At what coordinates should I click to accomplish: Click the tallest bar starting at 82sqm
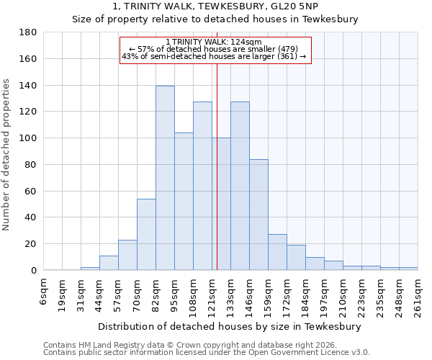[165, 178]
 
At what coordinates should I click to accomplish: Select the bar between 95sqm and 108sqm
[184, 202]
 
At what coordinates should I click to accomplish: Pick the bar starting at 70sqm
[146, 234]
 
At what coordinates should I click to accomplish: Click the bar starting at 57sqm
[127, 255]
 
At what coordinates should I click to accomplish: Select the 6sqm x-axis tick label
[44, 291]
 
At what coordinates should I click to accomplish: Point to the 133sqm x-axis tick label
[231, 294]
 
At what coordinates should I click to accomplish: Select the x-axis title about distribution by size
[230, 326]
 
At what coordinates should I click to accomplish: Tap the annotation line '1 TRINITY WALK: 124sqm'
[214, 42]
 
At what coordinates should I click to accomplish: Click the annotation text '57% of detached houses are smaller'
[214, 49]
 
